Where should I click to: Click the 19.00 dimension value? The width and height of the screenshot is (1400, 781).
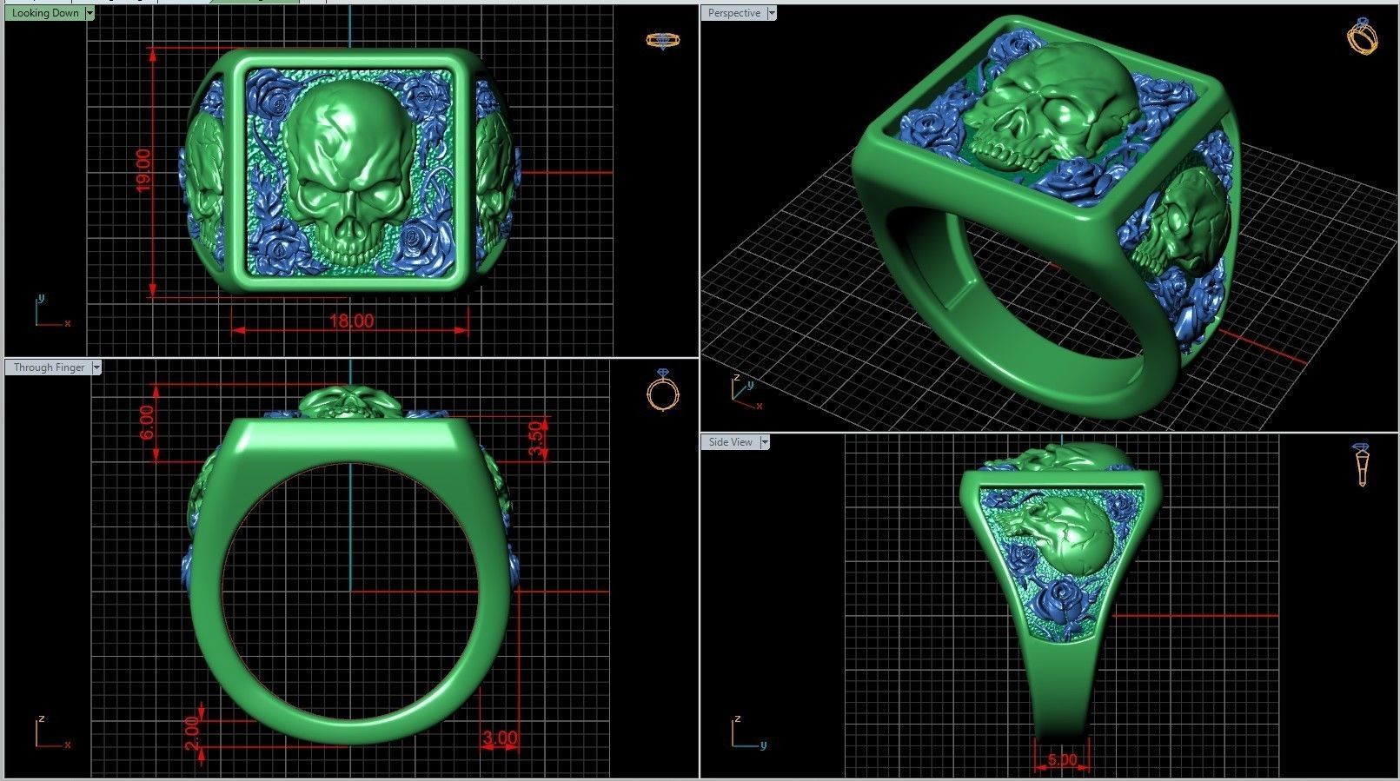click(143, 170)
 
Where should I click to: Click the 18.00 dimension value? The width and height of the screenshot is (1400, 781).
click(351, 321)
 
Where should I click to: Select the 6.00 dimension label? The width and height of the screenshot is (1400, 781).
click(147, 422)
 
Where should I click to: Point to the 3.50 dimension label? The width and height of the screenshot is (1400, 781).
click(537, 438)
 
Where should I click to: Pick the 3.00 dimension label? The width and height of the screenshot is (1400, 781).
click(500, 739)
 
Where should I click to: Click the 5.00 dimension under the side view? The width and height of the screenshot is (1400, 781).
click(1062, 760)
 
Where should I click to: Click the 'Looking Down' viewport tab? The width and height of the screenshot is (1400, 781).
click(45, 13)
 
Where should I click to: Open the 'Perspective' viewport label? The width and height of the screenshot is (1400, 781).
click(733, 13)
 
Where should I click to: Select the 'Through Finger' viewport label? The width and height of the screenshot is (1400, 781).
click(49, 367)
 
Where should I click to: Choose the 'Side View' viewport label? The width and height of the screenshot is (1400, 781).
click(730, 442)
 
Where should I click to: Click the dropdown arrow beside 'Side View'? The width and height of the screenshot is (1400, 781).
click(765, 442)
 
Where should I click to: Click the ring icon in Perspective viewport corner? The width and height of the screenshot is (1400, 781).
click(1361, 36)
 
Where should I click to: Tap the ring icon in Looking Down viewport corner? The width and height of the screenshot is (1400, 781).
click(663, 40)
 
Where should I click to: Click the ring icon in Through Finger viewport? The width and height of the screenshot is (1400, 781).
click(663, 390)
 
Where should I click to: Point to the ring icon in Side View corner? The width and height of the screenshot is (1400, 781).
click(1361, 464)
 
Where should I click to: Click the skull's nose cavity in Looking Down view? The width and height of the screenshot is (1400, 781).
click(347, 229)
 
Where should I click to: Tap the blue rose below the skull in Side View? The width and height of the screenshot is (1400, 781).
click(1060, 597)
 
